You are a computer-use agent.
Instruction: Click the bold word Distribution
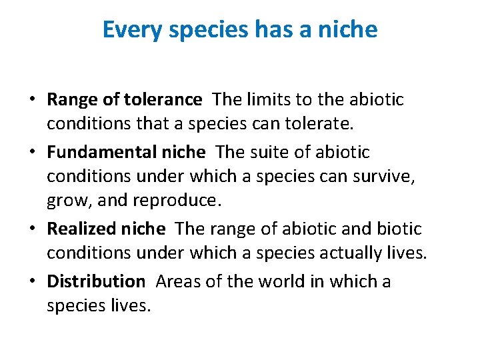(x=95, y=281)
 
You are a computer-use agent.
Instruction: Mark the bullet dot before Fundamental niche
(x=32, y=153)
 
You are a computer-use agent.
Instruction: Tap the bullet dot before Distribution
(x=32, y=282)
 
